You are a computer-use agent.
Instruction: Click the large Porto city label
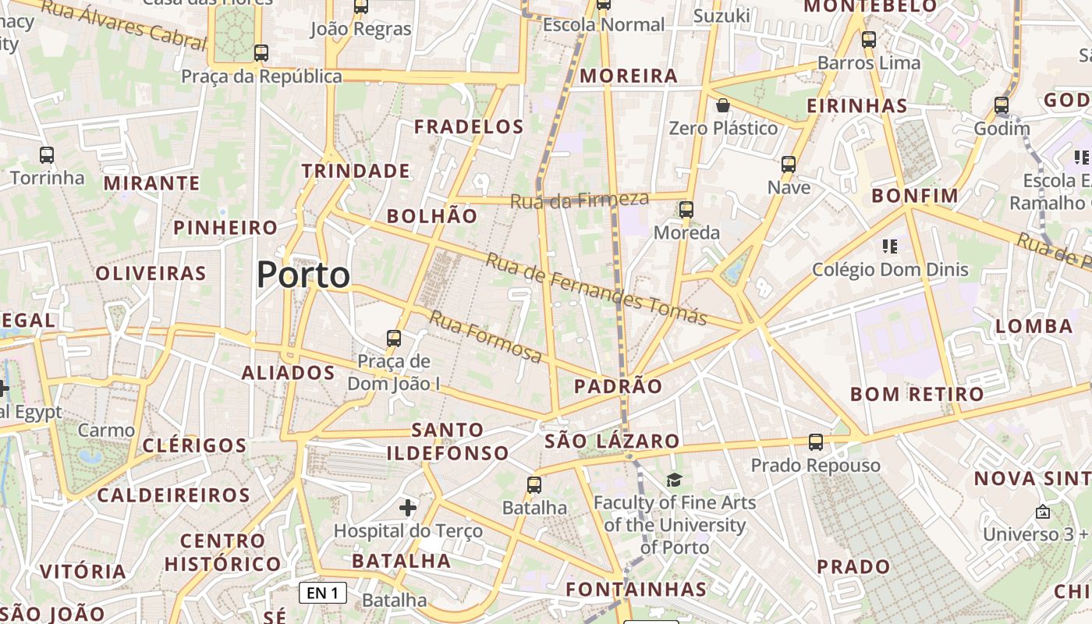(x=303, y=275)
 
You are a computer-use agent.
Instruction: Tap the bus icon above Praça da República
(x=261, y=53)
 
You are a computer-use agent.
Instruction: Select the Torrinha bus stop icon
(x=47, y=154)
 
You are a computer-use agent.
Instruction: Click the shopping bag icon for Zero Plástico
(x=723, y=105)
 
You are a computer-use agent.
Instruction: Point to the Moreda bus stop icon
(x=686, y=209)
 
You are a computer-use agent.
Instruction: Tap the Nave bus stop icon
(x=789, y=164)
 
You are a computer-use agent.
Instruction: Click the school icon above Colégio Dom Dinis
(x=889, y=247)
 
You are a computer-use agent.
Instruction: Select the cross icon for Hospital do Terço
(x=408, y=508)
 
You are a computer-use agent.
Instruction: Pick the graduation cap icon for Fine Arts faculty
(x=674, y=480)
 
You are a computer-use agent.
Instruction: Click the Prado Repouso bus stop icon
(x=816, y=442)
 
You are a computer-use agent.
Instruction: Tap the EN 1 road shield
(x=323, y=593)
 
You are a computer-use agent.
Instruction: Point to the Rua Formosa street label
(x=485, y=337)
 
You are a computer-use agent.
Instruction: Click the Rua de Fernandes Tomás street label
(x=596, y=289)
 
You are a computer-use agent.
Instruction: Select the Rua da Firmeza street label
(x=579, y=200)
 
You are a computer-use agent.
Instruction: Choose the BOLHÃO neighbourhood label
(x=432, y=216)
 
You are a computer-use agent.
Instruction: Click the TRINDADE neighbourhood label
(x=356, y=171)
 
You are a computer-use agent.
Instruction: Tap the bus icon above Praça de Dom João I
(x=394, y=339)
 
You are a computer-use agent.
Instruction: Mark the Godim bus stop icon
(x=1002, y=105)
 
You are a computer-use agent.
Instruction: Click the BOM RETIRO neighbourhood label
(x=917, y=394)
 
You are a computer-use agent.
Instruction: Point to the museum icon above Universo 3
(x=1043, y=512)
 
